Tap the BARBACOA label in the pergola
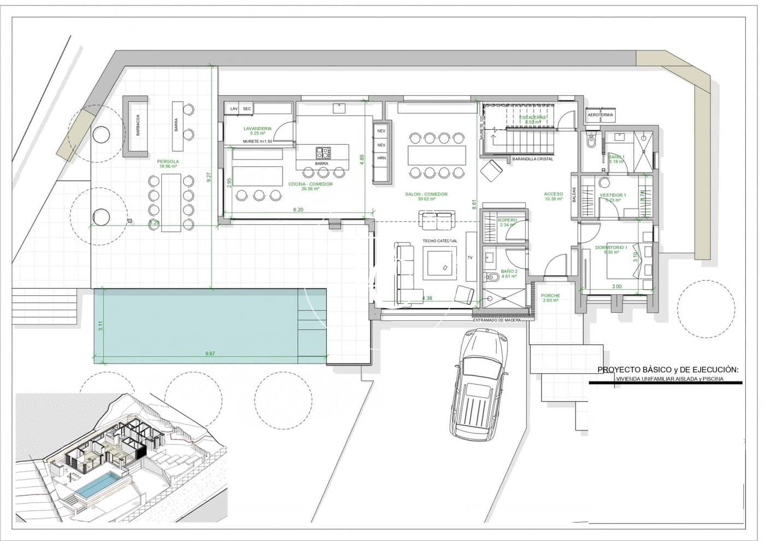pos(138,126)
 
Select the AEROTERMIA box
pos(600,115)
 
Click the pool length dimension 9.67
pos(210,354)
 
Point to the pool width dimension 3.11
pos(101,326)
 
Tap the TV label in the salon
pos(469,257)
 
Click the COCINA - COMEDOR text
pos(310,184)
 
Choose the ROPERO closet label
pos(508,220)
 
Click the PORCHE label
pos(551,296)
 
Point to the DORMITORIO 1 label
pos(611,248)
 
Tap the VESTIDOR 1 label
pos(613,195)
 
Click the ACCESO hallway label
pos(553,195)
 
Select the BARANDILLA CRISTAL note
pos(532,159)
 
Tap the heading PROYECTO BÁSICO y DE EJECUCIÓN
pos(667,370)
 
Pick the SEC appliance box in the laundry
pos(247,109)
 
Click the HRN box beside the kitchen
pos(381,158)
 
